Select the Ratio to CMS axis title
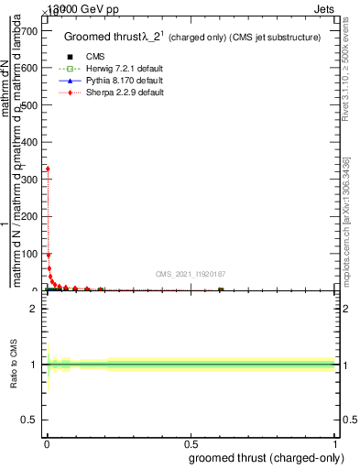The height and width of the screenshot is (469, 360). (14, 365)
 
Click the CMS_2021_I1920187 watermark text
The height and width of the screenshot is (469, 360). (190, 274)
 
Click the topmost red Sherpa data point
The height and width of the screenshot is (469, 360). (47, 169)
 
